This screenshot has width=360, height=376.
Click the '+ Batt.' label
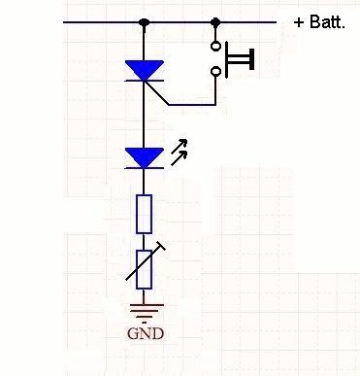point(319,22)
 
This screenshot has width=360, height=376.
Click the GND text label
point(146,333)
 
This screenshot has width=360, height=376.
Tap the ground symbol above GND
point(145,311)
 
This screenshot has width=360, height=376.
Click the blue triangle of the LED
point(145,157)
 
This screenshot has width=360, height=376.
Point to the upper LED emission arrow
point(180,146)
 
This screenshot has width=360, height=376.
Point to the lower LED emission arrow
point(180,158)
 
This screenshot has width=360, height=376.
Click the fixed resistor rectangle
point(144,214)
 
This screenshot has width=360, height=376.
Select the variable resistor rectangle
point(144,269)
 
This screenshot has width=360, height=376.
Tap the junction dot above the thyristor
point(144,22)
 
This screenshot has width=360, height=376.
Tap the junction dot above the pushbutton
point(215,22)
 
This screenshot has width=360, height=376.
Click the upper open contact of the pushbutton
point(215,46)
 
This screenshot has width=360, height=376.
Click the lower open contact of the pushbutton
point(215,71)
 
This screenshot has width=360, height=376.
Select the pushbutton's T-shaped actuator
point(240,59)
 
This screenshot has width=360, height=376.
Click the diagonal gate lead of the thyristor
point(156,93)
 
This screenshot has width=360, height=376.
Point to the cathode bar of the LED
point(145,168)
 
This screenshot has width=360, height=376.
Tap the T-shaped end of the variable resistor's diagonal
point(159,246)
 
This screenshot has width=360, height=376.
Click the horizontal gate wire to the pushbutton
point(192,105)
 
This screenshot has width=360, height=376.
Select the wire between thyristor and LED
point(144,115)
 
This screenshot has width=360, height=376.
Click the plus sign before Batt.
point(299,23)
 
